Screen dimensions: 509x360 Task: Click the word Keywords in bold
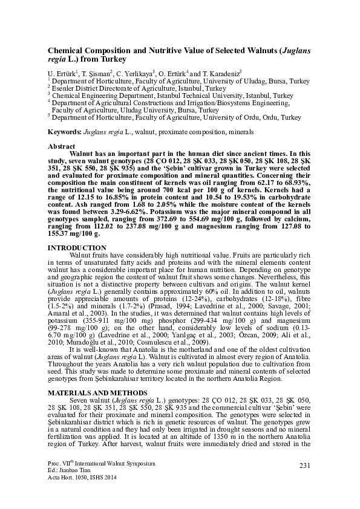pyautogui.click(x=63, y=131)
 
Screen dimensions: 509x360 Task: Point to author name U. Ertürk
pyautogui.click(x=60, y=72)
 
